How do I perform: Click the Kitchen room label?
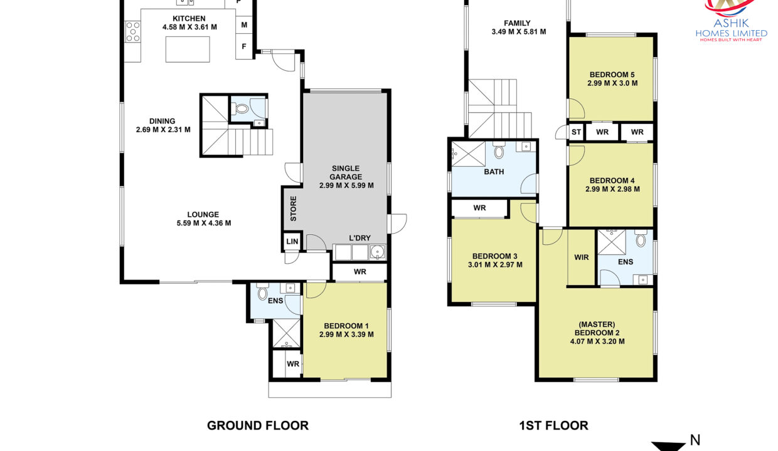click(189, 18)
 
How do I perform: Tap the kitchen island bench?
click(188, 49)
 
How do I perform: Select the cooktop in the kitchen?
click(132, 31)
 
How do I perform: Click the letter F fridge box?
click(244, 46)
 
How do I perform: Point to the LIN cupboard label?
click(292, 241)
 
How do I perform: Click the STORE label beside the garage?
click(294, 209)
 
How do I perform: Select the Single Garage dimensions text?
click(346, 185)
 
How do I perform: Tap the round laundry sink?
click(377, 251)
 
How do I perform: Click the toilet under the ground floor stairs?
click(241, 109)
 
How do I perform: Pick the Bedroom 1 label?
click(346, 326)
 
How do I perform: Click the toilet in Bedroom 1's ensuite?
click(262, 293)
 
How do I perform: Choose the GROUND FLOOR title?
click(258, 426)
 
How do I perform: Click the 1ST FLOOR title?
click(553, 426)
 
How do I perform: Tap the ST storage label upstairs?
click(576, 132)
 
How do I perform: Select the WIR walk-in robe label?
click(582, 257)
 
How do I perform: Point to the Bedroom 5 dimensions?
click(612, 83)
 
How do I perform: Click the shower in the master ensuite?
click(612, 242)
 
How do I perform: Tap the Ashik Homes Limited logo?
click(732, 21)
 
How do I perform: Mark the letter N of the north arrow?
click(695, 440)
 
